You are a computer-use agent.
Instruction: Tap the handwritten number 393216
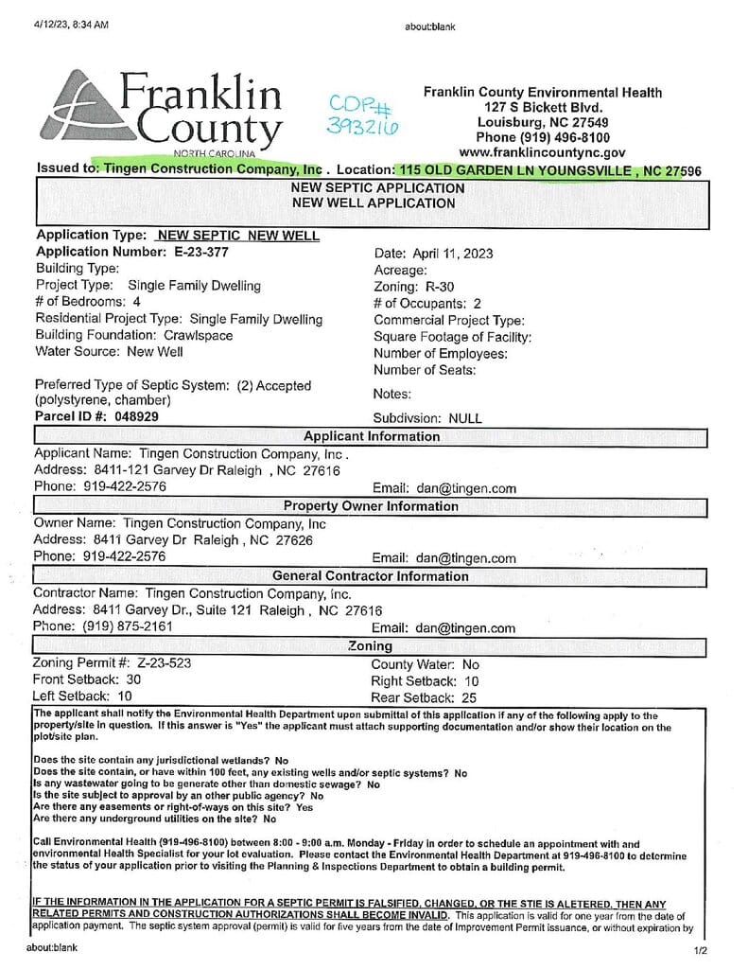pos(362,126)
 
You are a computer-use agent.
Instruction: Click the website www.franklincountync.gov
pos(542,151)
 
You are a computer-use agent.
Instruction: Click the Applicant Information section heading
pos(371,436)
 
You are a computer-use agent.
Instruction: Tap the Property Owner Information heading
pos(371,506)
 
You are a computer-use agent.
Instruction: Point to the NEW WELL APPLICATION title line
pos(373,203)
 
